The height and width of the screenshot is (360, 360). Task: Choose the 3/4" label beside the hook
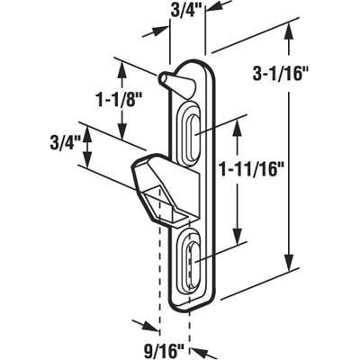66,143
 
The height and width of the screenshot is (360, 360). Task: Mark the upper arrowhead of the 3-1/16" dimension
288,34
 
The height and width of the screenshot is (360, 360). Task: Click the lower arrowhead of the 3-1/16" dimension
289,262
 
